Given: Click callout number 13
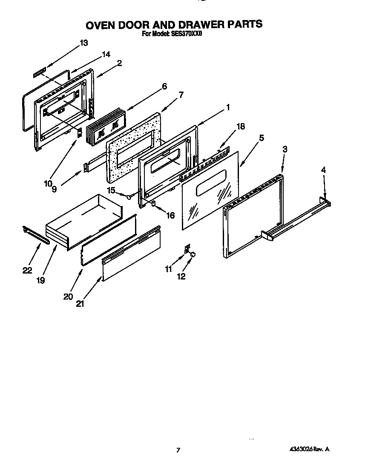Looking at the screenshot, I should tap(83, 43).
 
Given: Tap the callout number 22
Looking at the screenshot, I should tap(27, 270).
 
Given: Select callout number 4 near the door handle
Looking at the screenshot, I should tap(323, 170).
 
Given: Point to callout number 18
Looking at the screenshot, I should tap(241, 126).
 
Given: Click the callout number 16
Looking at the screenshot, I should tap(170, 216).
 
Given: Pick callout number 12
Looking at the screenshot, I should tap(181, 276).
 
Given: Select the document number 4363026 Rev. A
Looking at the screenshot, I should tap(310, 449).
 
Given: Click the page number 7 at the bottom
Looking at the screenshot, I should tap(179, 450).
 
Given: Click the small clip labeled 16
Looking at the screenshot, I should tap(154, 204).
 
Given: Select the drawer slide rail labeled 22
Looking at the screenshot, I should tap(36, 236).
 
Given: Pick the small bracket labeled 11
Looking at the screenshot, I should tap(187, 248).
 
